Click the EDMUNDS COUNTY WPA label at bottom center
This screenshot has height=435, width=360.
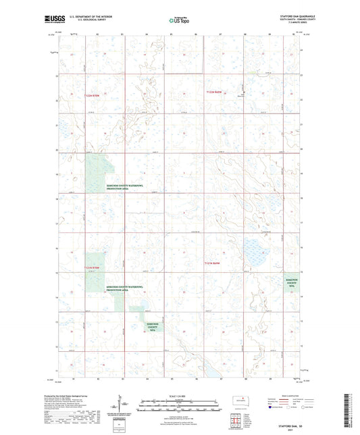152,328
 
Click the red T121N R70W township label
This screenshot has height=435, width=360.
96,269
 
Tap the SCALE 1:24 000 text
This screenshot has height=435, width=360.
179,395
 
